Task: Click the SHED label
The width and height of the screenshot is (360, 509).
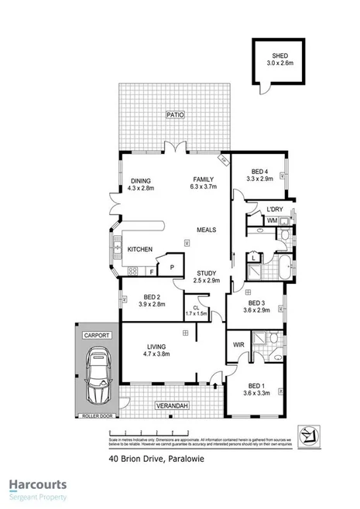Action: [279, 55]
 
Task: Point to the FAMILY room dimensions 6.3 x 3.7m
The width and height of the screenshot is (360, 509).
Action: [204, 187]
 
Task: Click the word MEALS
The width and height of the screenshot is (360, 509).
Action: [206, 230]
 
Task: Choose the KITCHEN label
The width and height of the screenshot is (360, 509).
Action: [139, 249]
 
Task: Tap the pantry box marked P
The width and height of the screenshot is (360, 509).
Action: [171, 267]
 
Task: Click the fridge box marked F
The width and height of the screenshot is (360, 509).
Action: [152, 272]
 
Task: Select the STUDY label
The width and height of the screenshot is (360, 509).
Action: [206, 273]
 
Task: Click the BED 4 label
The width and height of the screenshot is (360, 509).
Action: [260, 172]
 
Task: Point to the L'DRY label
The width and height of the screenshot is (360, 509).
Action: [274, 210]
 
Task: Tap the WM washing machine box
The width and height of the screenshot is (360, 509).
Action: [272, 221]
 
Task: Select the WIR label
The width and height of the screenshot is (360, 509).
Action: [238, 344]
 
